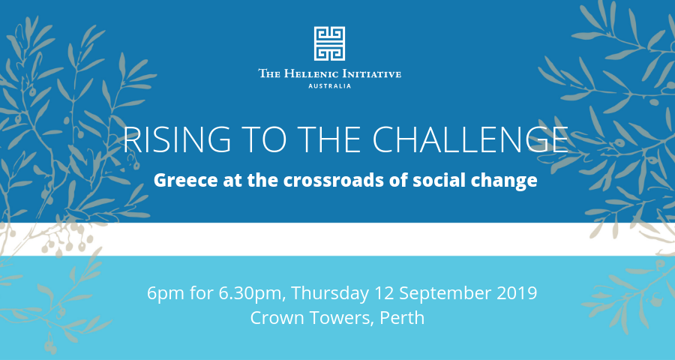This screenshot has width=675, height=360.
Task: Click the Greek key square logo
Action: pyautogui.click(x=329, y=43)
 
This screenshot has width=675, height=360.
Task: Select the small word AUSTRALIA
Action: pyautogui.click(x=329, y=86)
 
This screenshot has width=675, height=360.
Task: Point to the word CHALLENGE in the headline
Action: pyautogui.click(x=470, y=140)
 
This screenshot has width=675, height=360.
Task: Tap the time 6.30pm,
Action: pyautogui.click(x=253, y=295)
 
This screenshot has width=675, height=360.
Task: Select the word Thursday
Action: pyautogui.click(x=330, y=295)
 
